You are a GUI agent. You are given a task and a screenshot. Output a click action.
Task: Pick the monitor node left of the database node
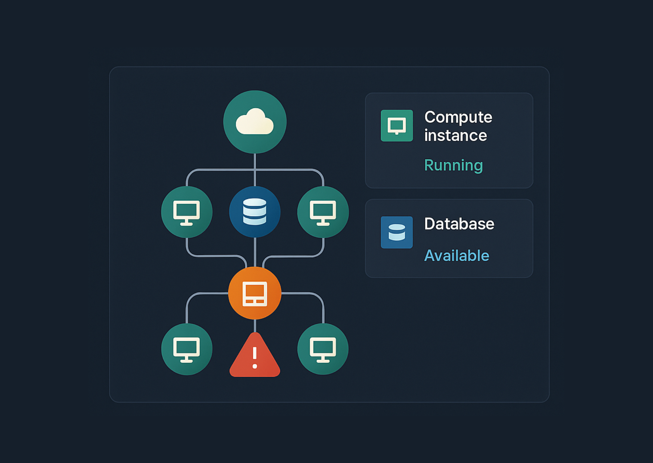click(x=187, y=212)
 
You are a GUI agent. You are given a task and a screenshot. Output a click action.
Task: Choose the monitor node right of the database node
click(x=323, y=212)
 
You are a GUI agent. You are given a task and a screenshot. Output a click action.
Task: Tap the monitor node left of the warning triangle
click(x=187, y=349)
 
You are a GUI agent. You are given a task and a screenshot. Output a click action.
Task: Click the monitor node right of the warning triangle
click(x=323, y=349)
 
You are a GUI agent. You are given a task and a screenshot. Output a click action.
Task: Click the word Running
click(x=454, y=165)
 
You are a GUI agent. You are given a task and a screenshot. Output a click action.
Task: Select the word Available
click(x=457, y=256)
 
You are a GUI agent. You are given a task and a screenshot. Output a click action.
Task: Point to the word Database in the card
click(x=459, y=224)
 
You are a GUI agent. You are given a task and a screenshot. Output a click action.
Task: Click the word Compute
click(x=458, y=117)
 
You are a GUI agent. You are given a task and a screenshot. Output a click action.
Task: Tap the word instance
click(x=455, y=136)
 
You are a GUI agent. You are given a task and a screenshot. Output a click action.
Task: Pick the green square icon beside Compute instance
click(x=397, y=125)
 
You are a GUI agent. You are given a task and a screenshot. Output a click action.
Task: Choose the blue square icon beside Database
click(x=397, y=232)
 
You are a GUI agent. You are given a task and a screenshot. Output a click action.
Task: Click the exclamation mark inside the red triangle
click(x=255, y=358)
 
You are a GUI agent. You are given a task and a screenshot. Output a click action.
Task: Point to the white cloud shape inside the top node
click(x=255, y=122)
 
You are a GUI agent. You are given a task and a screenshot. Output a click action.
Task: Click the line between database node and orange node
click(x=255, y=252)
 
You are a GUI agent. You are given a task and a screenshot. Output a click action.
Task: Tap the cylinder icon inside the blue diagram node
click(x=255, y=212)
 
